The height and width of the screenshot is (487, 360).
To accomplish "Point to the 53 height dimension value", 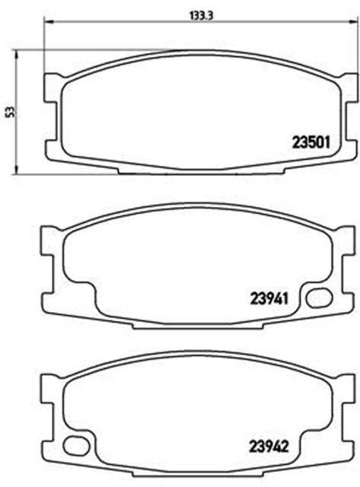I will point(8,112).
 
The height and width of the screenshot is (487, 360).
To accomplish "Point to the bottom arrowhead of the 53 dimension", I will point(17,171).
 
